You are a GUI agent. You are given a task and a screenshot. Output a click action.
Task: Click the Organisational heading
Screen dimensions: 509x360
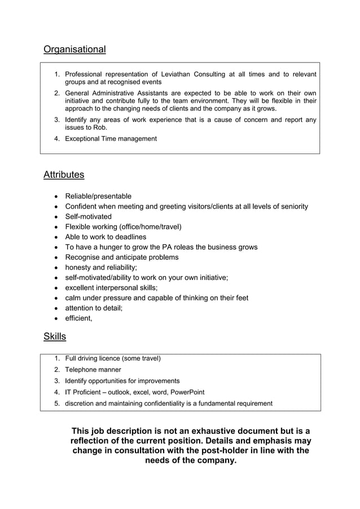[x=74, y=50]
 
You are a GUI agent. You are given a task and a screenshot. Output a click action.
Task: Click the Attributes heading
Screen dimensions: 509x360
[x=64, y=175]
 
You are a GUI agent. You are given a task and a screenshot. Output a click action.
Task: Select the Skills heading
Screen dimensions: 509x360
[x=55, y=337]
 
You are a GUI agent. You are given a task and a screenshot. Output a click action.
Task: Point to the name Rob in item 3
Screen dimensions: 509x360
[x=99, y=128]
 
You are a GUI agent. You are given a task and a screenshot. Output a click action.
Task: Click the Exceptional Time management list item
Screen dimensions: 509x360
[x=111, y=139]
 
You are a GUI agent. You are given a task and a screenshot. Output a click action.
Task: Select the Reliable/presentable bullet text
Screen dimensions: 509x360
[x=98, y=196]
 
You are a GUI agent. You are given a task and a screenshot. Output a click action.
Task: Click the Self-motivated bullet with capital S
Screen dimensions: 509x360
[x=88, y=217]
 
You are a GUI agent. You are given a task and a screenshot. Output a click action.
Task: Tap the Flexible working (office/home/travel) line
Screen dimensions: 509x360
[x=123, y=227]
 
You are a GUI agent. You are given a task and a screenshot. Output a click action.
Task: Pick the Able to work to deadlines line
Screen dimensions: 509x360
[x=106, y=237]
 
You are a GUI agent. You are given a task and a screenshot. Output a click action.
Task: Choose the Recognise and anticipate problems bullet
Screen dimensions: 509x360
[x=121, y=257]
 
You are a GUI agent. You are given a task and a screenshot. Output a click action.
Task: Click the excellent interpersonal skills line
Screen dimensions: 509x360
[x=111, y=288]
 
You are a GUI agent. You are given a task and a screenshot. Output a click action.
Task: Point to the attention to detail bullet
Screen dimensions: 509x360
[x=93, y=308]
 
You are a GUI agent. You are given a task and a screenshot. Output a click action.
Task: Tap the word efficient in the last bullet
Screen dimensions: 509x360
[x=78, y=318]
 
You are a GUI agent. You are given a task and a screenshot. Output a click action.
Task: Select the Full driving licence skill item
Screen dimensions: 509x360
[x=113, y=358]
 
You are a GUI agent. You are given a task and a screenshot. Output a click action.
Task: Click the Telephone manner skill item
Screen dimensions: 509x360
[x=93, y=370]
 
